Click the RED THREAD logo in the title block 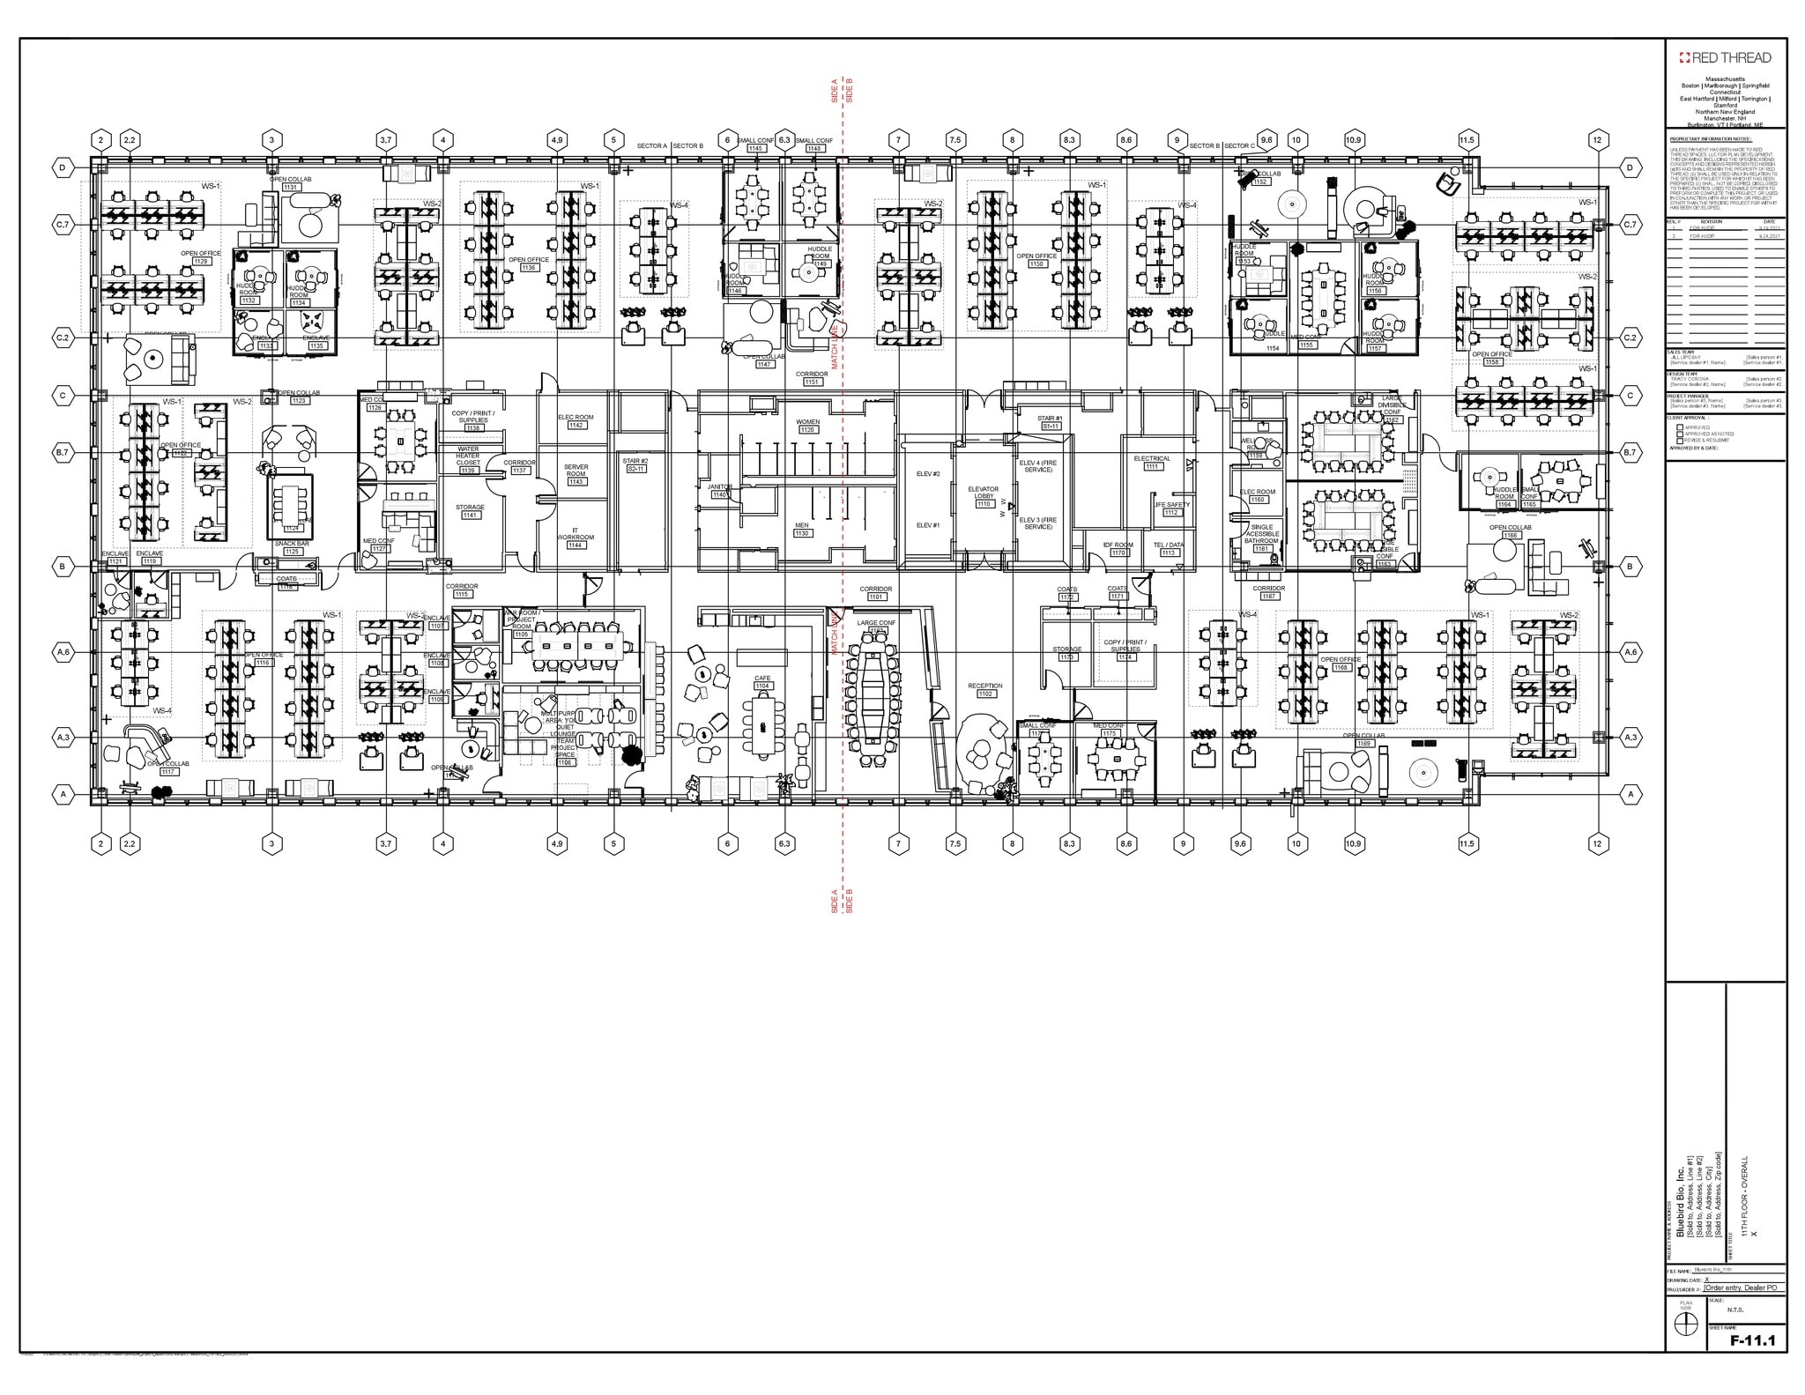(x=1725, y=58)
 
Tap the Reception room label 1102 (x=984, y=690)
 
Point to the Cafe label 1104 (x=761, y=682)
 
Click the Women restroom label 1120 (x=807, y=426)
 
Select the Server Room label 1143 (x=576, y=478)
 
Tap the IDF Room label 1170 (x=1118, y=549)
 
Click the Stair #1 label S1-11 (x=1050, y=422)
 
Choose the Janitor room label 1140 (x=719, y=491)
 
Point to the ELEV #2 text (x=928, y=474)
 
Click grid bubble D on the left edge (x=63, y=167)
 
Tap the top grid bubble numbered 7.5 (x=955, y=139)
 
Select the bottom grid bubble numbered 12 (x=1598, y=843)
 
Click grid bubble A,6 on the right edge (x=1630, y=652)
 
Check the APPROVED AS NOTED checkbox (x=1680, y=434)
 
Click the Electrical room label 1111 (x=1152, y=463)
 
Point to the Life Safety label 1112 (x=1171, y=508)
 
